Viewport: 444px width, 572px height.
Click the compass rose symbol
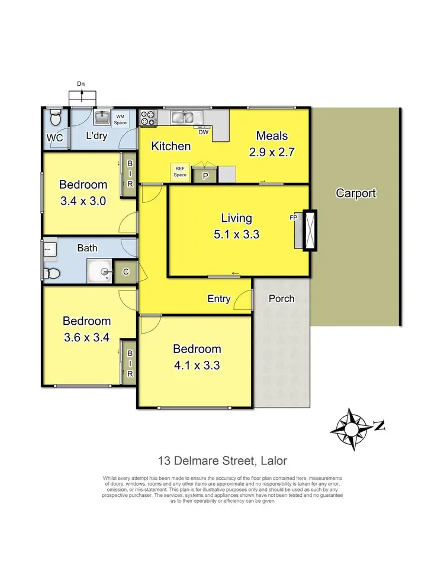(x=353, y=425)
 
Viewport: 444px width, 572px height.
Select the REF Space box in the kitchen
(x=180, y=172)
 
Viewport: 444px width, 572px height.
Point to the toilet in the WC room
(x=55, y=119)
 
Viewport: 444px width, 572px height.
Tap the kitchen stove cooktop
(x=147, y=117)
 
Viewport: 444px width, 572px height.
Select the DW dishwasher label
(x=203, y=133)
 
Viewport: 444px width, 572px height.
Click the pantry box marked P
(x=205, y=175)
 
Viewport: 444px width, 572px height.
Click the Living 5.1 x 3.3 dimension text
(x=237, y=234)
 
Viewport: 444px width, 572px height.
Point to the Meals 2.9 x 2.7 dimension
(x=272, y=151)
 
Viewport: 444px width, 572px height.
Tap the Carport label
(x=356, y=193)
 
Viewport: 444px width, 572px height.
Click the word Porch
(x=281, y=298)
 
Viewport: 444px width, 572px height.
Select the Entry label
(x=218, y=299)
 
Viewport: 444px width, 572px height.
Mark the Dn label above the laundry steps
(x=81, y=84)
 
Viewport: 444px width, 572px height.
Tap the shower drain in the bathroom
(x=104, y=272)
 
